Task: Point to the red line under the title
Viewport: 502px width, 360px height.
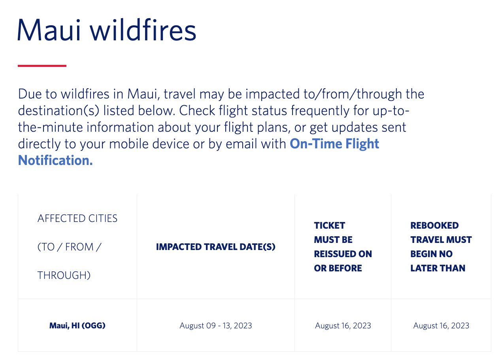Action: tap(42, 66)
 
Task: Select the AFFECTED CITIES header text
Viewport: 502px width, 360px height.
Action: tap(77, 218)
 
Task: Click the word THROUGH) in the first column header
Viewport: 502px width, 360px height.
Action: tap(64, 275)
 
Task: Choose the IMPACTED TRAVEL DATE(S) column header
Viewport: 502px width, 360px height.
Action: tap(215, 247)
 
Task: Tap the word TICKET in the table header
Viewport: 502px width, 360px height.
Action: tap(329, 225)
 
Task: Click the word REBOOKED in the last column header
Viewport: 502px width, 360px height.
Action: tap(434, 225)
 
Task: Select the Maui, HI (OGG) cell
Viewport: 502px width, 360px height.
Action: tap(77, 326)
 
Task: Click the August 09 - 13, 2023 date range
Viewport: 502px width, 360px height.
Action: tap(215, 326)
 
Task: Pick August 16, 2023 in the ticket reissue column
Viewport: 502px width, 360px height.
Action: tap(343, 326)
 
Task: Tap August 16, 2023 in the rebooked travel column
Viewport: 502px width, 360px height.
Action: tap(441, 326)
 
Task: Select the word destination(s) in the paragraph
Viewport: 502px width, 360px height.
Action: tap(57, 111)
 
